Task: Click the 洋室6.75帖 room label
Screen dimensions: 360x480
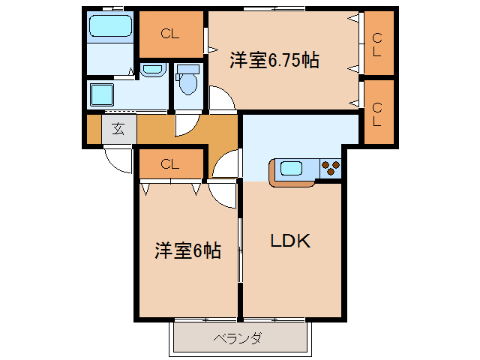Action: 274,61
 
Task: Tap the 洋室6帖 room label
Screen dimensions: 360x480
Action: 187,250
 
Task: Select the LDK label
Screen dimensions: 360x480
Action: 290,241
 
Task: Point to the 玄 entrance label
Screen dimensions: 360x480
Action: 118,128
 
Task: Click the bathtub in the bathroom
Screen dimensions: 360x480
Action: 111,28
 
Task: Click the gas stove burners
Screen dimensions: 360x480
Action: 329,169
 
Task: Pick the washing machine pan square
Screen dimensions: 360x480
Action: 101,96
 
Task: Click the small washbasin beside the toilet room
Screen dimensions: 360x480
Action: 152,70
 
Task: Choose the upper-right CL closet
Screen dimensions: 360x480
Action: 377,44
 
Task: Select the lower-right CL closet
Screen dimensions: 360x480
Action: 377,112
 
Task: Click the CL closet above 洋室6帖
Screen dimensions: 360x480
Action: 170,164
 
